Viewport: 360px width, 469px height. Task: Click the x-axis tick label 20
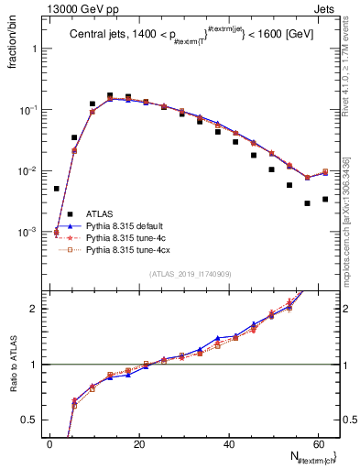click(139, 445)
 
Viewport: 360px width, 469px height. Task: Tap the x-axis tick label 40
click(229, 445)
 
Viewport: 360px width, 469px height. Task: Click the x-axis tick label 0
click(49, 445)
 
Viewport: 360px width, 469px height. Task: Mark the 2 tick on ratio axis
click(36, 309)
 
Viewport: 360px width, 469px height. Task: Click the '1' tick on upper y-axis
click(36, 49)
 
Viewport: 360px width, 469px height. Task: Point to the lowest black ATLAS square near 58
click(307, 203)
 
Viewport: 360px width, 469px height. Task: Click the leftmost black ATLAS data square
click(56, 189)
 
